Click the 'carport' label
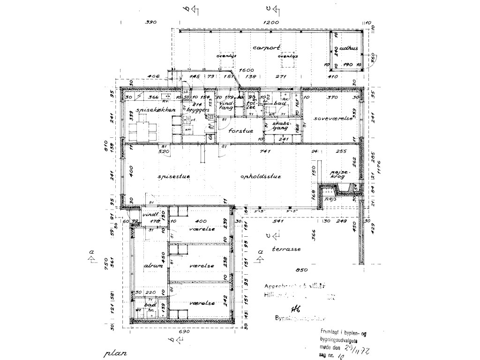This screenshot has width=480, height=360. [x=266, y=48]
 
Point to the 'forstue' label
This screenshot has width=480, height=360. [x=241, y=131]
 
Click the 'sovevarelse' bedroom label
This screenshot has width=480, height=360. [x=334, y=119]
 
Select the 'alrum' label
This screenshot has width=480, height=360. [x=153, y=266]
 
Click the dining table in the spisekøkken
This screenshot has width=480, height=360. [x=142, y=129]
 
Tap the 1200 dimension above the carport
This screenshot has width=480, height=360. [x=271, y=22]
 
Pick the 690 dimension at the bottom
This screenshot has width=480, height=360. [x=184, y=332]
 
